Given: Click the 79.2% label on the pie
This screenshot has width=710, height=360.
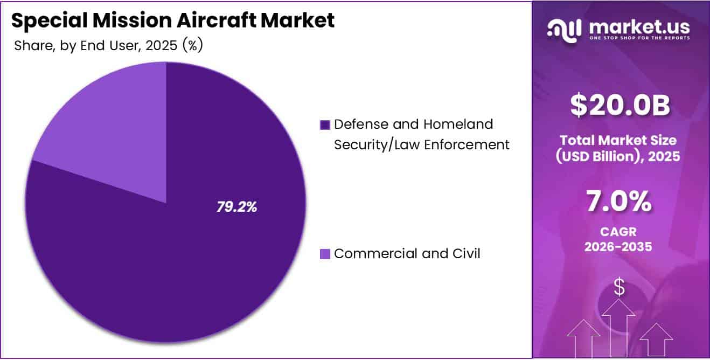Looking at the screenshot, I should click(x=236, y=206).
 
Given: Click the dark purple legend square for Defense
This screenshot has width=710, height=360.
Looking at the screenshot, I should click(x=325, y=125).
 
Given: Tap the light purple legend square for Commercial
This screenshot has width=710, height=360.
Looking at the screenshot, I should click(x=325, y=254).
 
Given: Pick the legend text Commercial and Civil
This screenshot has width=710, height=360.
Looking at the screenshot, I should click(x=407, y=253).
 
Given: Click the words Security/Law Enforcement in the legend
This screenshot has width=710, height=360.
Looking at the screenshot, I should click(x=421, y=144).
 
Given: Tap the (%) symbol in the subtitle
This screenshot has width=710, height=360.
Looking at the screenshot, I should click(x=192, y=46).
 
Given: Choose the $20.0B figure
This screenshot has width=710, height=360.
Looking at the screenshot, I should click(x=620, y=106).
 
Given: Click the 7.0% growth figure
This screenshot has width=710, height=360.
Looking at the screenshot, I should click(x=620, y=202).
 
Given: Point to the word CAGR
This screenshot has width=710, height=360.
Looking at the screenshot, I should click(x=620, y=231).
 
